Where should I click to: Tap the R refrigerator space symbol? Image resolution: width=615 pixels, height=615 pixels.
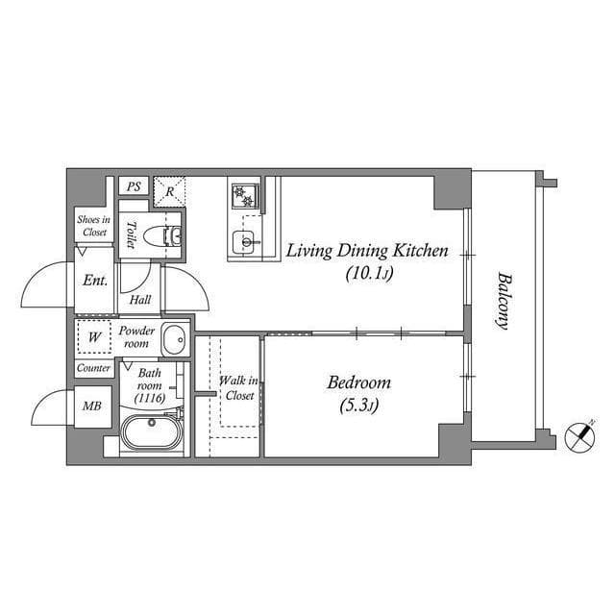click(170, 190)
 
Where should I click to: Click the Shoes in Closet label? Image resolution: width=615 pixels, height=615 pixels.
click(93, 226)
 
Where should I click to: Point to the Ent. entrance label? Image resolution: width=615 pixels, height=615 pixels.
click(94, 282)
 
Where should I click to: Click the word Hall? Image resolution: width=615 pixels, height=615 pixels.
click(140, 300)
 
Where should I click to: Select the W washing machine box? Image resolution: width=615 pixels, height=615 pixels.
click(94, 337)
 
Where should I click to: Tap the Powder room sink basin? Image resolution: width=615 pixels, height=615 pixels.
click(175, 339)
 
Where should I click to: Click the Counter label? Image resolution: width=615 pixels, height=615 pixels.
click(93, 368)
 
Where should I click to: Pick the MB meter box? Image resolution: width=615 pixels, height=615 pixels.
click(92, 406)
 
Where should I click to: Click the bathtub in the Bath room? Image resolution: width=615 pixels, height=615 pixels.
click(152, 431)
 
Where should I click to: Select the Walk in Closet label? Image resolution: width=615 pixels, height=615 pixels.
click(236, 388)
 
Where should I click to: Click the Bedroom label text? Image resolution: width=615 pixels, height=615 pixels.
click(358, 382)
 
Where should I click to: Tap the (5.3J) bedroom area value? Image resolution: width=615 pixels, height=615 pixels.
click(358, 406)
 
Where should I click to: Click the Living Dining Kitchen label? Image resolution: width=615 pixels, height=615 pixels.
click(366, 252)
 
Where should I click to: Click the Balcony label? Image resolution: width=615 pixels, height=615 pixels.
click(503, 301)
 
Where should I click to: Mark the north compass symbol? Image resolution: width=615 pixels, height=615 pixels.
click(579, 436)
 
